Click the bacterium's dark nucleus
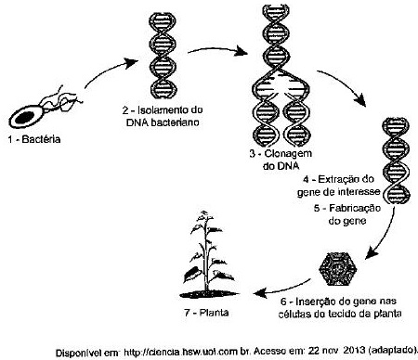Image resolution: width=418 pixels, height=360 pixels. click(25, 117)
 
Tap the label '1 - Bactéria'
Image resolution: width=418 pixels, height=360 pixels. click(34, 139)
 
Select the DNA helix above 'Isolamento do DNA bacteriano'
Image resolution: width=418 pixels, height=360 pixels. click(163, 56)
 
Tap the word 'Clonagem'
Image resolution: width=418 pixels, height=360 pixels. click(288, 154)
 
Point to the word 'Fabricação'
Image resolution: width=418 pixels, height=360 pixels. click(355, 208)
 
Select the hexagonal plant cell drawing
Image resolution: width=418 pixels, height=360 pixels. click(338, 269)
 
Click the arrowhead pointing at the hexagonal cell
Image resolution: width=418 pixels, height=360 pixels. click(372, 253)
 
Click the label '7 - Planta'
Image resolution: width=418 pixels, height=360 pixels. click(206, 313)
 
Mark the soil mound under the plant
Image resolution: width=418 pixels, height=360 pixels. click(209, 294)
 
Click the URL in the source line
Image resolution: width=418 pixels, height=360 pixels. click(185, 352)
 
